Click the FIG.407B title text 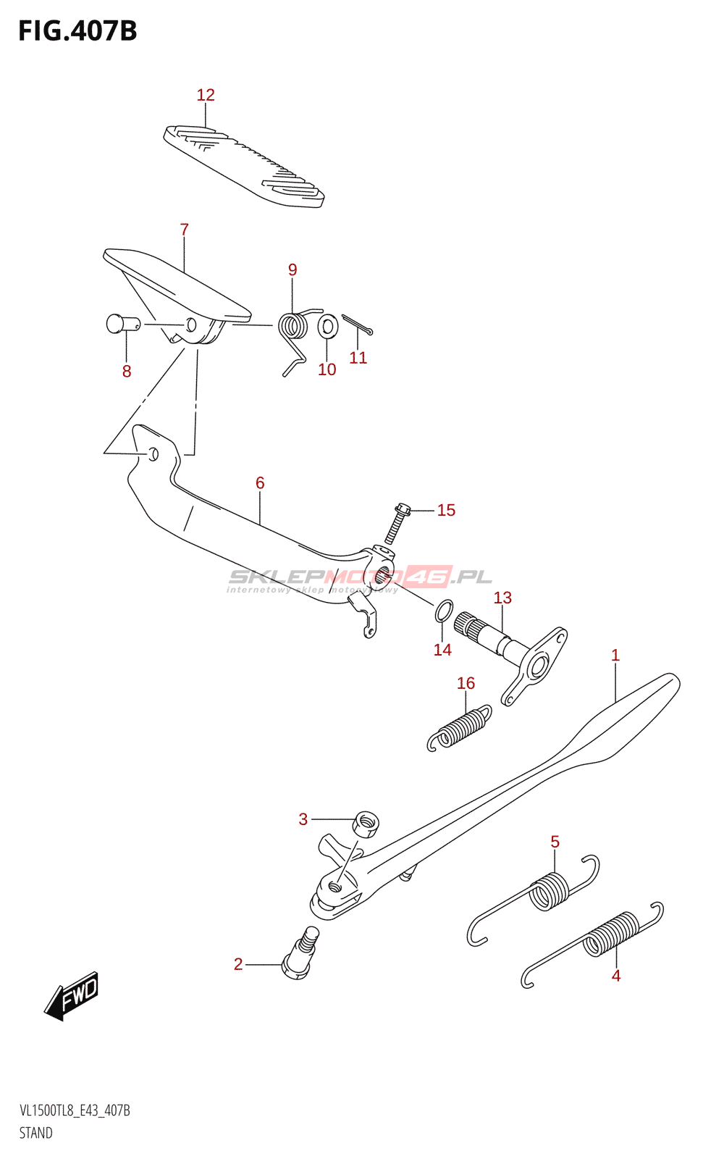point(77,31)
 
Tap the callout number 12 point(206,95)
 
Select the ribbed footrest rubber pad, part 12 point(243,166)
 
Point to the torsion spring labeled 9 point(293,326)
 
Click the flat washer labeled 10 point(327,327)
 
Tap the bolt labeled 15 point(397,522)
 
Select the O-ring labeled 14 point(443,611)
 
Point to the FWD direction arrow point(72,995)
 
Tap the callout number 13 point(502,598)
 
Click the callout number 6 point(260,482)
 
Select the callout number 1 point(615,656)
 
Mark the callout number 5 point(555,842)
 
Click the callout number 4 point(615,976)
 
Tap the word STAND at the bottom point(35,1133)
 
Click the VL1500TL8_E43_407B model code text point(75,1110)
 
